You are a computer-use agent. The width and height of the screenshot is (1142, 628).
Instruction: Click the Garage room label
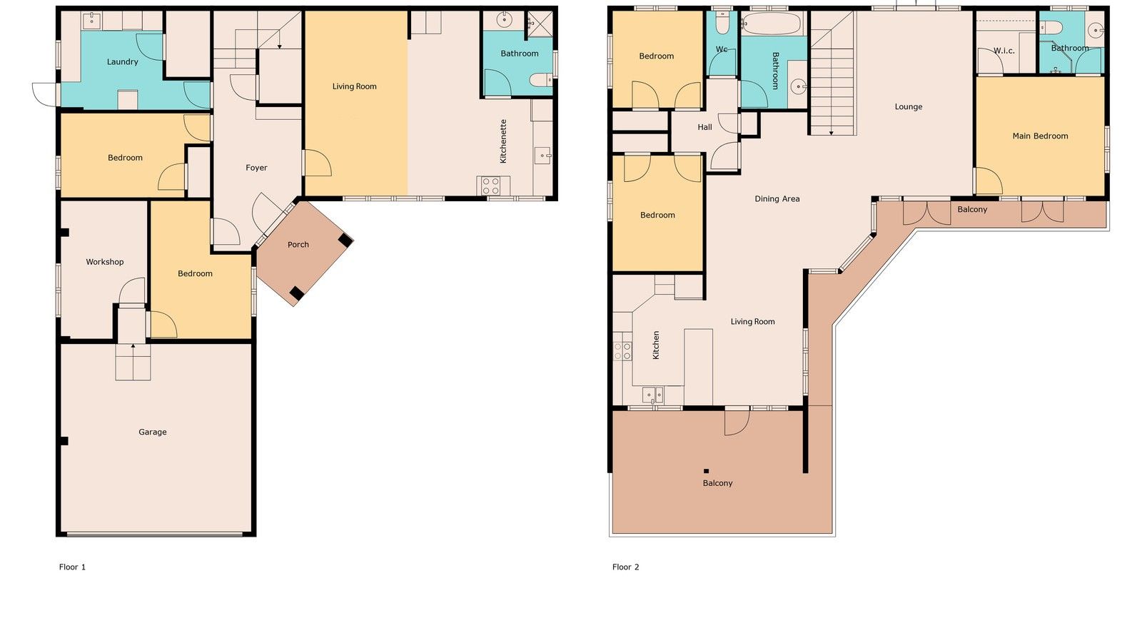coord(152,432)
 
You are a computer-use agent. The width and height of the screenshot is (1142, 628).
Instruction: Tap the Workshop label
coord(105,262)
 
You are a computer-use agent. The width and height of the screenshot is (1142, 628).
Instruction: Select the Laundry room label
coord(122,62)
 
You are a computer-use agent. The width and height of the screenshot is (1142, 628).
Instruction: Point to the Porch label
coord(298,245)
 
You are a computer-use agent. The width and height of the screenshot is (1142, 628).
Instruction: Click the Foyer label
coord(256,168)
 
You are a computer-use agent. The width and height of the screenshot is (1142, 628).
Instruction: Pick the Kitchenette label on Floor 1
coord(503,141)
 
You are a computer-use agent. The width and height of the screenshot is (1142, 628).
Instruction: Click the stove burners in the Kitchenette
coord(490,186)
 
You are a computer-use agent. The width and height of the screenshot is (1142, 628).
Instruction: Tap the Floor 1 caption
coord(72,567)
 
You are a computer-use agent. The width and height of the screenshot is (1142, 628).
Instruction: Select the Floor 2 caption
coord(625,567)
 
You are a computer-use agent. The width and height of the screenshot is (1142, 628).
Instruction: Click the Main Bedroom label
coord(1040,136)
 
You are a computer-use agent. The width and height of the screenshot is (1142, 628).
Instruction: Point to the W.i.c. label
coord(1004,51)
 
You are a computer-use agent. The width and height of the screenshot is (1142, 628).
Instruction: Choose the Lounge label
coord(908,107)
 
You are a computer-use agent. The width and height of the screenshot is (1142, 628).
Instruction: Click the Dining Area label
coord(777,199)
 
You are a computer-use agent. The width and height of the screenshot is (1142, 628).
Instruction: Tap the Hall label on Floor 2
coord(704,127)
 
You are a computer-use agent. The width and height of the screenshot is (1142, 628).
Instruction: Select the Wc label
coord(722,49)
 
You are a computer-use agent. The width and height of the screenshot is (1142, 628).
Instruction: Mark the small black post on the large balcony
coord(706,471)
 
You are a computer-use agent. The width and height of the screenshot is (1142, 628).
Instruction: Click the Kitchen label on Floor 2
coord(656,345)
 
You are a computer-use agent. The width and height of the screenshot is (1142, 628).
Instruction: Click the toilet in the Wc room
coord(722,24)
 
